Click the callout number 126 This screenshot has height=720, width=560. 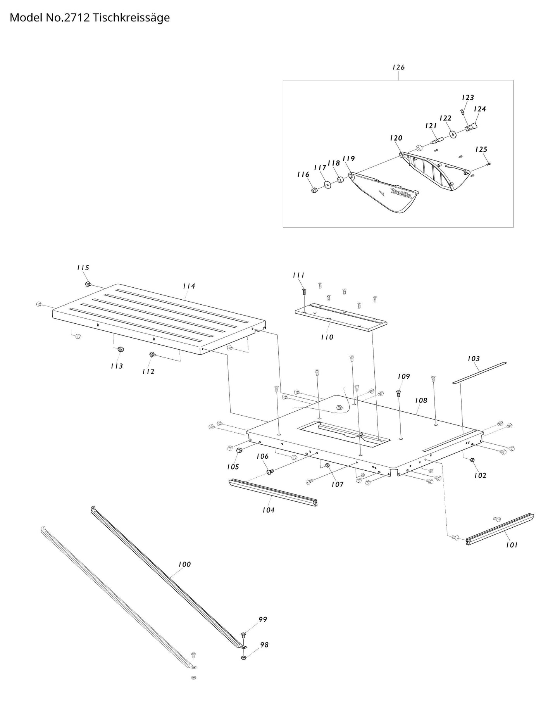pyautogui.click(x=398, y=67)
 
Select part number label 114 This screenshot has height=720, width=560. pyautogui.click(x=189, y=286)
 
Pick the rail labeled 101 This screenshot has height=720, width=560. pyautogui.click(x=500, y=529)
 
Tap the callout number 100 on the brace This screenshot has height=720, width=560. pyautogui.click(x=184, y=564)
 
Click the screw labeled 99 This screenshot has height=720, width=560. pyautogui.click(x=243, y=635)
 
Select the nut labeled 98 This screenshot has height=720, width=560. pyautogui.click(x=243, y=658)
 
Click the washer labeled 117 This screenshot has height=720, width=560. pyautogui.click(x=328, y=185)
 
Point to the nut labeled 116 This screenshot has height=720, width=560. pyautogui.click(x=315, y=190)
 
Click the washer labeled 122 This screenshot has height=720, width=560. pyautogui.click(x=452, y=135)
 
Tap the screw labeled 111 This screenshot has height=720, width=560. pyautogui.click(x=304, y=291)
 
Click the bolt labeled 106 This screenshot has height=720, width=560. pyautogui.click(x=270, y=472)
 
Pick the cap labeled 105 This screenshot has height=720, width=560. pyautogui.click(x=240, y=450)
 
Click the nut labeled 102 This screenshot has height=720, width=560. pyautogui.click(x=473, y=460)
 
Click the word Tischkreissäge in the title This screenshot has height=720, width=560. pyautogui.click(x=131, y=18)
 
